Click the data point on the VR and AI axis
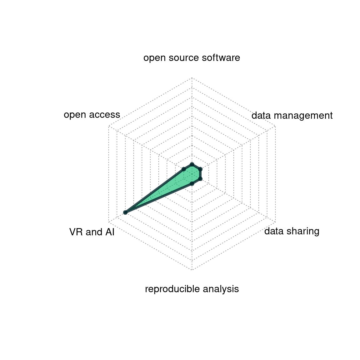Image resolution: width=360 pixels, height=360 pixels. coord(125,212)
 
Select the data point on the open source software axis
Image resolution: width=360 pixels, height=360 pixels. coord(192,164)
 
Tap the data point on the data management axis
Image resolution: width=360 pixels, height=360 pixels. coord(200,169)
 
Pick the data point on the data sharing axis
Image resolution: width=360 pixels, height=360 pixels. coord(200,179)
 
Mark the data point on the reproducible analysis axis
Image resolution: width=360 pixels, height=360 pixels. coord(192,184)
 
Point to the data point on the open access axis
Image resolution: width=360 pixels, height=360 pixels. coord(184,169)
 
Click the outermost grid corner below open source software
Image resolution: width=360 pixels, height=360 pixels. coord(192,77)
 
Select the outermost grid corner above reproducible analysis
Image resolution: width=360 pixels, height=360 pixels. coord(192,270)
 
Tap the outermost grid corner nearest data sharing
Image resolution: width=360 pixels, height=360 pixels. coord(275,222)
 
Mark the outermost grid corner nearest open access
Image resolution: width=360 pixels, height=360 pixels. coord(109,126)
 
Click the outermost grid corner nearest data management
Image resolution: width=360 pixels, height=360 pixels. coord(275,126)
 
